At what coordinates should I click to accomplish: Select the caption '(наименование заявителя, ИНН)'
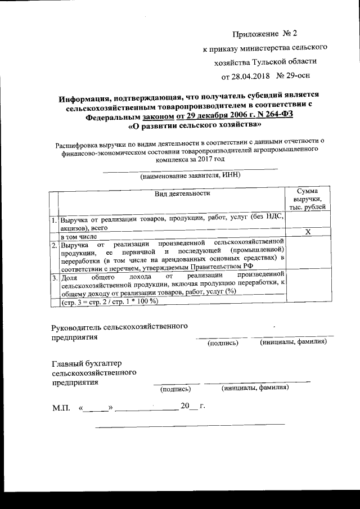pyautogui.click(x=191, y=175)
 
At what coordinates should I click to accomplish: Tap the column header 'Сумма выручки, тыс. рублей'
pyautogui.click(x=308, y=200)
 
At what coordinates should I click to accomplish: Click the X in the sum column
pyautogui.click(x=308, y=232)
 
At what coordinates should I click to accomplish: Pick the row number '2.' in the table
pyautogui.click(x=53, y=245)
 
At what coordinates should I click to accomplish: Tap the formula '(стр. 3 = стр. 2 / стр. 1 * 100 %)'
pyautogui.click(x=109, y=301)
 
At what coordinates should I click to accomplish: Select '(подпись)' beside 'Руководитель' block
pyautogui.click(x=223, y=343)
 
